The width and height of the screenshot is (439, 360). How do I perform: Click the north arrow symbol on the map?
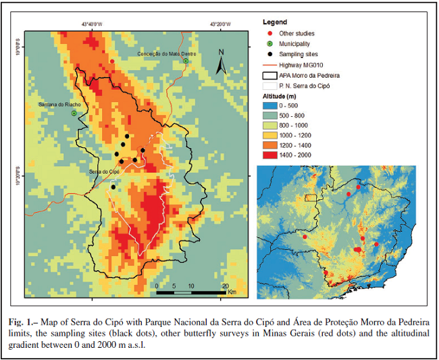pyautogui.click(x=221, y=62)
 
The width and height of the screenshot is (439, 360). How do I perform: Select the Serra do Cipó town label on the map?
pyautogui.click(x=103, y=172)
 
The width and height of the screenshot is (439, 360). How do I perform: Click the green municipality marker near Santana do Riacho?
pyautogui.click(x=74, y=113)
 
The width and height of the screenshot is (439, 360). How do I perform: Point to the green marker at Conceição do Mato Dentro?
pyautogui.click(x=186, y=61)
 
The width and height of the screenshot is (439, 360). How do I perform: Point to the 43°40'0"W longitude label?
pyautogui.click(x=92, y=24)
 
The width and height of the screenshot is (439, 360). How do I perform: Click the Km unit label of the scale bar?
pyautogui.click(x=232, y=292)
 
